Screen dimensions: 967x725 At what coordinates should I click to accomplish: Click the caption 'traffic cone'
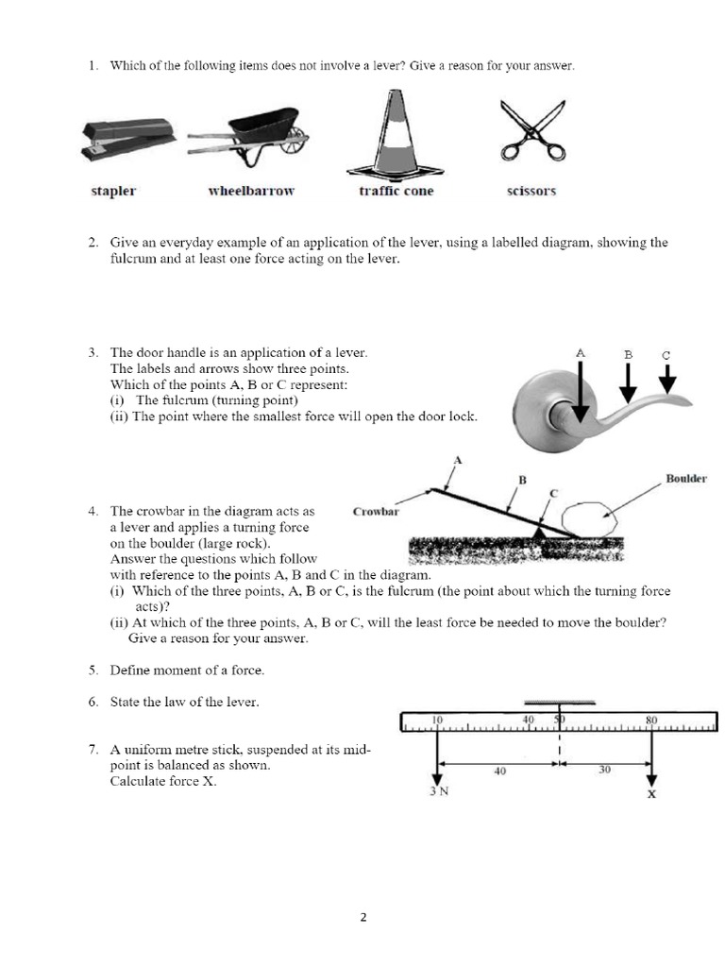pyautogui.click(x=396, y=191)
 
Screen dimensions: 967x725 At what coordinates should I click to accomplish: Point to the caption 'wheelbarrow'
pyautogui.click(x=251, y=191)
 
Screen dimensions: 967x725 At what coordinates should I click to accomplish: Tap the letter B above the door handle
pyautogui.click(x=627, y=355)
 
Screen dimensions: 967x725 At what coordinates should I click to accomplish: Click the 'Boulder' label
pyautogui.click(x=685, y=479)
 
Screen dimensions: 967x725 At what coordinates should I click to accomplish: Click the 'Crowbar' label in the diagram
pyautogui.click(x=376, y=512)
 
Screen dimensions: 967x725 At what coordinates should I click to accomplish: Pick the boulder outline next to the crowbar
pyautogui.click(x=587, y=518)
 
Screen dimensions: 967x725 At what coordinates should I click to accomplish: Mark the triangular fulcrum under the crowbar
pyautogui.click(x=541, y=534)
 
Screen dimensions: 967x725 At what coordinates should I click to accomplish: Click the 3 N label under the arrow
pyautogui.click(x=439, y=791)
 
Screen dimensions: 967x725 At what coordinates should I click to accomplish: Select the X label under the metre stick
pyautogui.click(x=651, y=794)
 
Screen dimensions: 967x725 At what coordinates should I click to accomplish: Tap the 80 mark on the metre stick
pyautogui.click(x=650, y=720)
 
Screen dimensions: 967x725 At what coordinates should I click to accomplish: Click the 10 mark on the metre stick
pyautogui.click(x=437, y=720)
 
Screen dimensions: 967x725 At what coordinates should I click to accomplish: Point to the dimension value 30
pyautogui.click(x=605, y=770)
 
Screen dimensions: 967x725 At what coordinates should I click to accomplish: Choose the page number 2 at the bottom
pyautogui.click(x=362, y=917)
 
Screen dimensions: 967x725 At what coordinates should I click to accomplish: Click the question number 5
pyautogui.click(x=93, y=670)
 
